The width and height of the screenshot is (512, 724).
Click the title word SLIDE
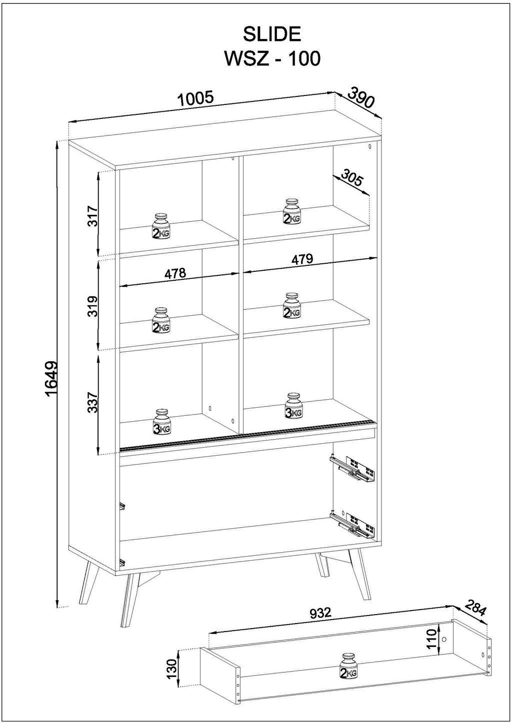tap(272, 34)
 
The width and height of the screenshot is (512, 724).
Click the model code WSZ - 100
tap(272, 59)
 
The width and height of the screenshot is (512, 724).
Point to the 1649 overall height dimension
tap(52, 380)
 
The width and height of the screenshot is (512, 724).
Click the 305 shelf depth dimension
tap(352, 178)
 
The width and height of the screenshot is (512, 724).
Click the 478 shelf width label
tap(175, 273)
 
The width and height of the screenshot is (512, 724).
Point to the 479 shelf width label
tap(302, 259)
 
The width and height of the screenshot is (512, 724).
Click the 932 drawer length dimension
tap(320, 613)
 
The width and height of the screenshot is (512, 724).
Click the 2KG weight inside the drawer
tap(348, 666)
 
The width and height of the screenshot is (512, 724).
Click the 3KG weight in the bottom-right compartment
tap(293, 405)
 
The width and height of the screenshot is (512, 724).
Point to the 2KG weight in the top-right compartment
tap(292, 211)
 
